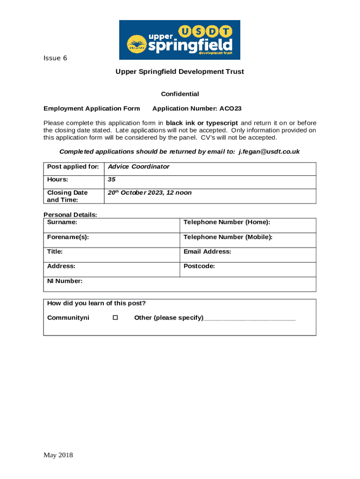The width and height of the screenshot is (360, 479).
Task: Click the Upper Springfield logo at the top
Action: coord(180,40)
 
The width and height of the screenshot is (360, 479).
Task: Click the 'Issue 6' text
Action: coord(55,58)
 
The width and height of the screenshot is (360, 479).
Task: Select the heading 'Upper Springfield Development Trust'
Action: coord(180,72)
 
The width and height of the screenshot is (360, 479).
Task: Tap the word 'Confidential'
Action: coord(180,94)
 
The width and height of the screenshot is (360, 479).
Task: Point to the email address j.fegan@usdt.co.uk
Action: coord(269,152)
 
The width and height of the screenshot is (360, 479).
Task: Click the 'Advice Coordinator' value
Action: coord(138,167)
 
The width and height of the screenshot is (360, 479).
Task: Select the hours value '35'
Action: coord(112,180)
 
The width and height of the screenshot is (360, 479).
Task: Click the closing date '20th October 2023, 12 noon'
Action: coord(150,193)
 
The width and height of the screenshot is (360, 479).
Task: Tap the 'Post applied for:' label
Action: coord(73,167)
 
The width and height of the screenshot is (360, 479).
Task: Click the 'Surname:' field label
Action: coord(62,222)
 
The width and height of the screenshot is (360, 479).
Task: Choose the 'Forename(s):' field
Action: coord(68,237)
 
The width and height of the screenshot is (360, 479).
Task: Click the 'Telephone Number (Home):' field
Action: coord(227,222)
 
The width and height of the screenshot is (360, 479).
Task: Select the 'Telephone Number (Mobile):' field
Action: coord(228,237)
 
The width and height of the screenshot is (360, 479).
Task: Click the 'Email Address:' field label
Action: coord(207,252)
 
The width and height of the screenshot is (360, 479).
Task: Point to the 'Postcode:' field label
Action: coord(199,266)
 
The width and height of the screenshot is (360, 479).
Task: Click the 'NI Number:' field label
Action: coord(65,281)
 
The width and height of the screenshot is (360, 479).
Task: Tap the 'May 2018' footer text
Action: coord(58,455)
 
